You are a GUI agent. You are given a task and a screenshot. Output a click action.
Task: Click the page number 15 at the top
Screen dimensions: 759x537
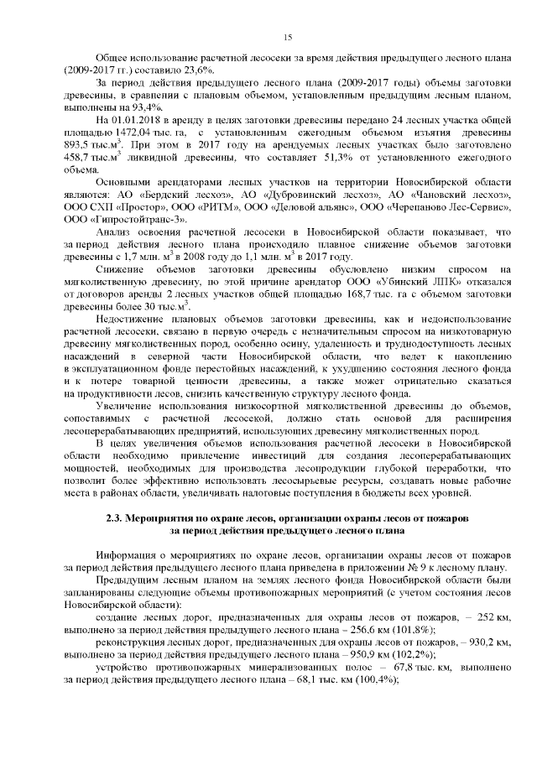[287, 37]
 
